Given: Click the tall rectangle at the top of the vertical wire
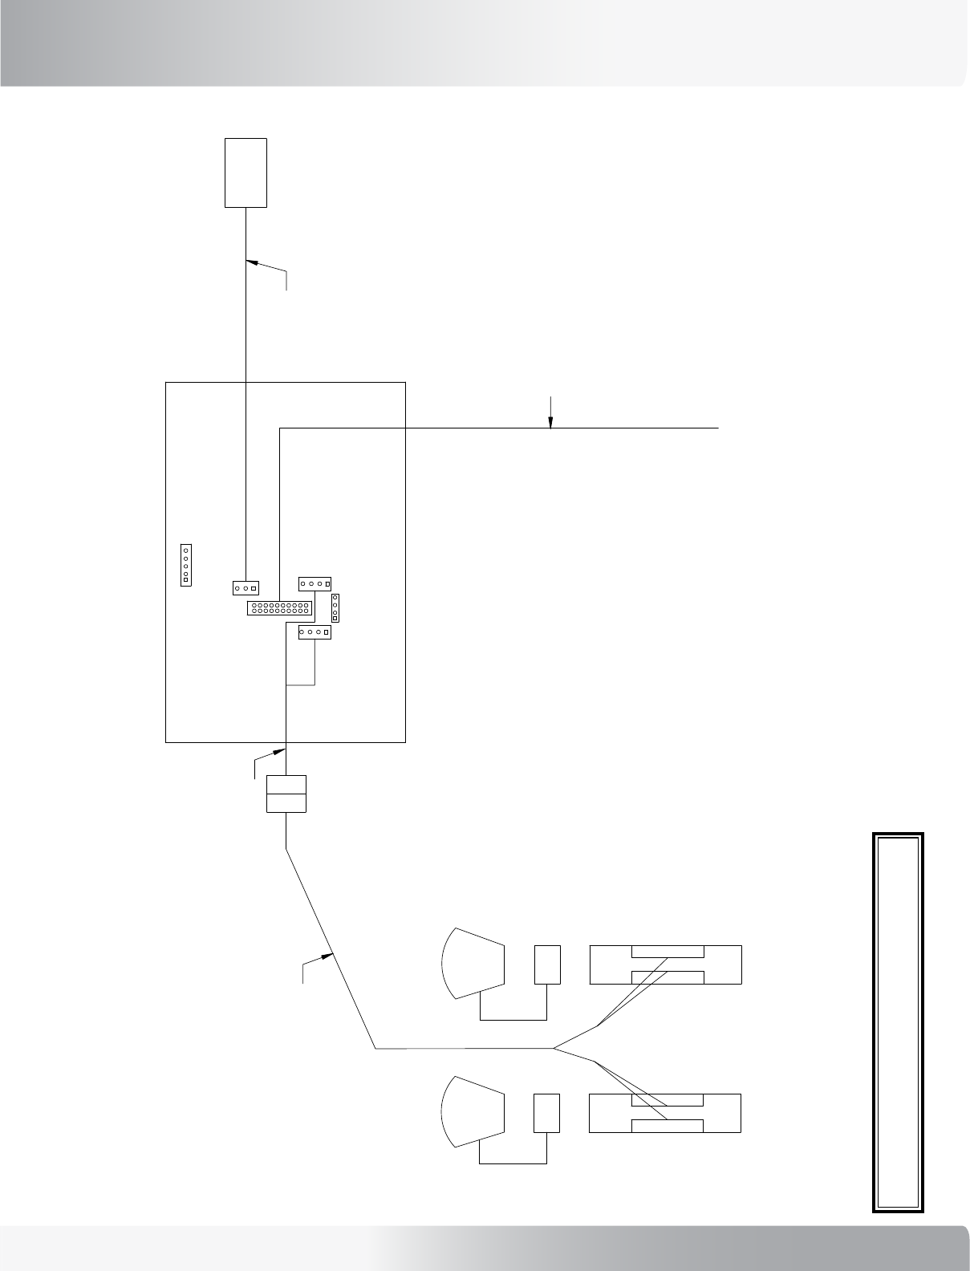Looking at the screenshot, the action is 246,173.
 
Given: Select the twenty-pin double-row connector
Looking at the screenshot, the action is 279,607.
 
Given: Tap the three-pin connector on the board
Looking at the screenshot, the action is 246,587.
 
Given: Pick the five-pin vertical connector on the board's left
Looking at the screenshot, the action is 185,564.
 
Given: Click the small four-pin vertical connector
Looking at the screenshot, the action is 335,607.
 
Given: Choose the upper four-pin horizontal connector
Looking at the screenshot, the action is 315,583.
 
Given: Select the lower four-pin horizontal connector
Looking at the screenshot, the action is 315,632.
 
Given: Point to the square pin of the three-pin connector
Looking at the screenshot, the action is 254,587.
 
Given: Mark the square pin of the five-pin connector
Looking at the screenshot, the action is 185,579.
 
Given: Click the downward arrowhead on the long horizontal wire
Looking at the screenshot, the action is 550,424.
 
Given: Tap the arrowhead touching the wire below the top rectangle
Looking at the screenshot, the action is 251,262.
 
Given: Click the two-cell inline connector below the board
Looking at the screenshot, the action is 286,794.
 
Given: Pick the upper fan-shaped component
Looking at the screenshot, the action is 473,964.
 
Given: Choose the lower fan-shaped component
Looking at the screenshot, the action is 473,1111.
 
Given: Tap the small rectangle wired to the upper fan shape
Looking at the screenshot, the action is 547,964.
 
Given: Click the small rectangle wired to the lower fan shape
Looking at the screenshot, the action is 546,1112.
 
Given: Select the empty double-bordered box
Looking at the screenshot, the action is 898,1022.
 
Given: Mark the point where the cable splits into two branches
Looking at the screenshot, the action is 554,1048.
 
